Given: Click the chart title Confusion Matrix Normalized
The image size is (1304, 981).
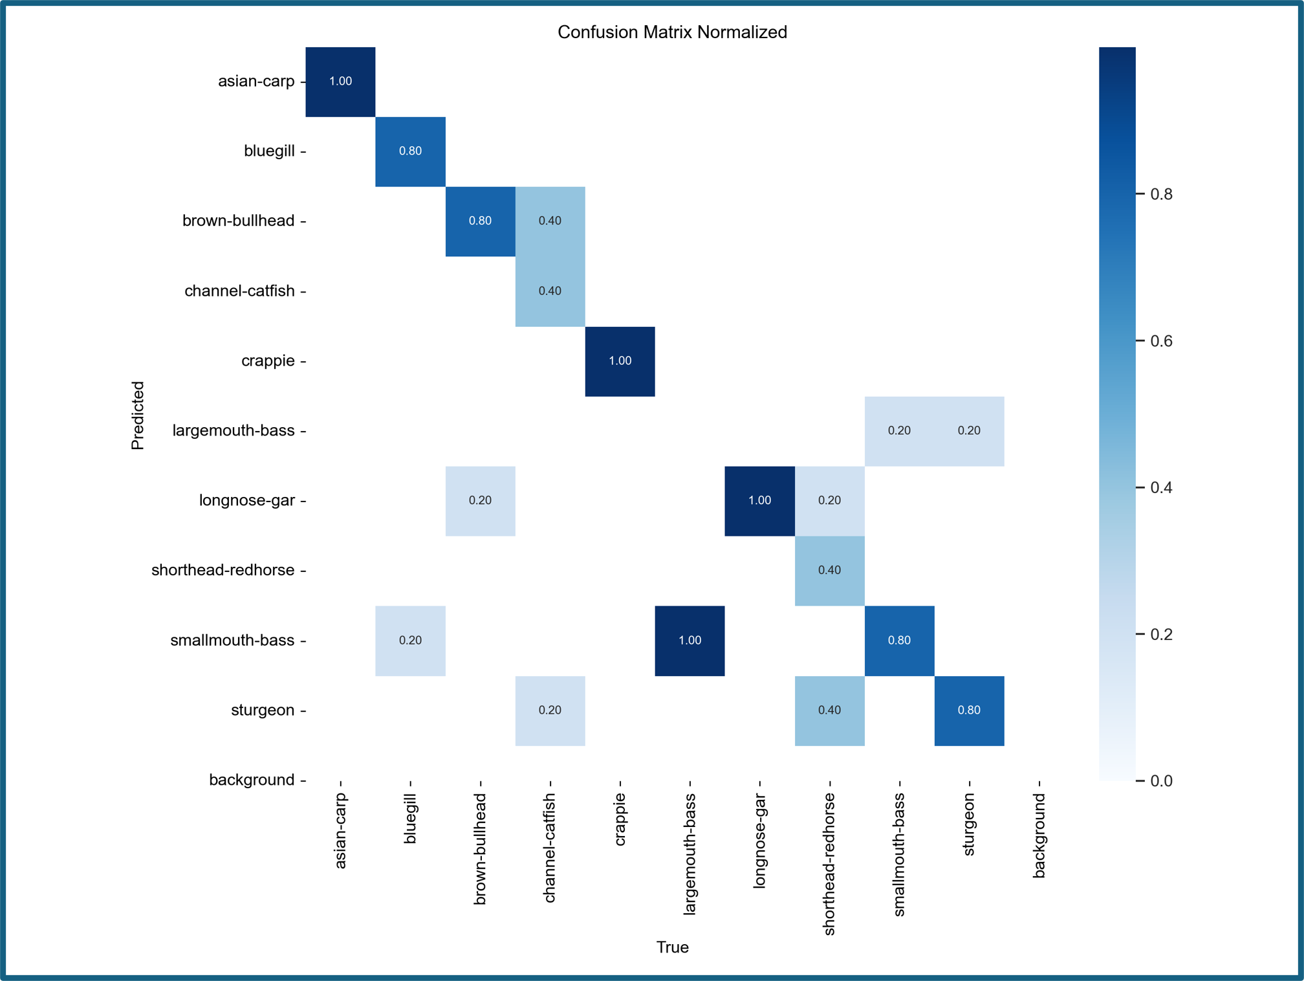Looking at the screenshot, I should click(x=672, y=32).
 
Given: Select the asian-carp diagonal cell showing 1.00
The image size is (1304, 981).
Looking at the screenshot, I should click(x=340, y=82).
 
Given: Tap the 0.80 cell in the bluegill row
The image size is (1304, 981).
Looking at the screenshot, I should click(x=410, y=151).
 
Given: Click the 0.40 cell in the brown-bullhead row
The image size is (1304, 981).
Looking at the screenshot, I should click(x=550, y=221).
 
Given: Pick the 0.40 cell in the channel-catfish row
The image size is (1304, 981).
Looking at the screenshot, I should click(x=550, y=291).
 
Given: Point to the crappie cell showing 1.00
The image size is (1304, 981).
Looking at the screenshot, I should click(x=620, y=361).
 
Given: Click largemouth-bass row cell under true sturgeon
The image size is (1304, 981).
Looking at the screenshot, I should click(x=969, y=431).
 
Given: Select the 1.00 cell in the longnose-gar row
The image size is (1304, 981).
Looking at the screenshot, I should click(x=759, y=501).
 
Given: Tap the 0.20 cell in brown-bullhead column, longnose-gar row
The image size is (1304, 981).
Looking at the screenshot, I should click(x=480, y=501).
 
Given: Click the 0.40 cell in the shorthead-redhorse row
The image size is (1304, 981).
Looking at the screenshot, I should click(x=829, y=571).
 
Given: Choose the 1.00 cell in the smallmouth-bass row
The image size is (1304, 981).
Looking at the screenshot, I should click(x=690, y=641).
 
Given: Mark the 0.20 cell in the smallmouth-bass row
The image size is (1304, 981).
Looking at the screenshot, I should click(x=410, y=641).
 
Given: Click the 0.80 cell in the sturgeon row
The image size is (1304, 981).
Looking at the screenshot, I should click(x=969, y=711).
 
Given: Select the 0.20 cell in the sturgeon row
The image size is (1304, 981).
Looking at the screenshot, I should click(x=550, y=711).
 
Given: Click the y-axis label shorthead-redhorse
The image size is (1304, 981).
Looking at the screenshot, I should click(x=223, y=571).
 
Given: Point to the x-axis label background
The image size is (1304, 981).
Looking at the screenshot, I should click(x=1039, y=836).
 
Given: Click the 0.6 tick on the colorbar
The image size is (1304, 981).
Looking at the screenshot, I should click(x=1161, y=341).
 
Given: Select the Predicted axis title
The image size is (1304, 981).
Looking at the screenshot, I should click(x=138, y=415).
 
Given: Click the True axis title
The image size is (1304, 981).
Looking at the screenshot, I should click(x=672, y=947).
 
